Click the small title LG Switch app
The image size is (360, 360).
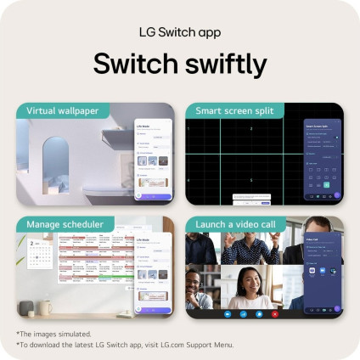click(x=180, y=31)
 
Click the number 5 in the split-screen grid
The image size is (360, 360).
click(x=251, y=180)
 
